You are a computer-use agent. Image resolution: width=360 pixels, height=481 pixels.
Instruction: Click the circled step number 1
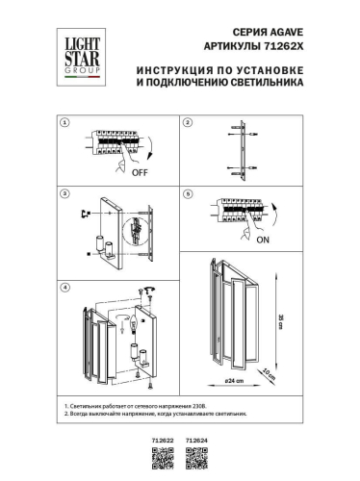click(64, 124)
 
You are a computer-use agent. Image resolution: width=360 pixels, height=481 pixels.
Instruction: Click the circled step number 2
click(189, 124)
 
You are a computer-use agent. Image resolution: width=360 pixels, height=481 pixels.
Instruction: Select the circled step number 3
click(64, 194)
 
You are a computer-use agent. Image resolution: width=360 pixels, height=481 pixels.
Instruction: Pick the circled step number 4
click(64, 288)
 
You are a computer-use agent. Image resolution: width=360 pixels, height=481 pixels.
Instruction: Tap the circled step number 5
click(189, 194)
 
